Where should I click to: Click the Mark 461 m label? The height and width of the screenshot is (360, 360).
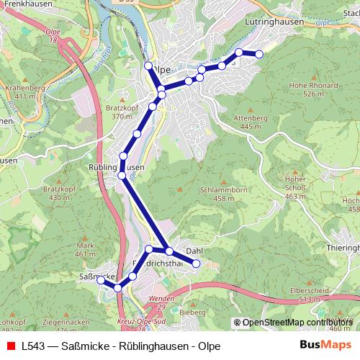point(85,249)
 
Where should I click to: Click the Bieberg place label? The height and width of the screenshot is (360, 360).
point(192,313)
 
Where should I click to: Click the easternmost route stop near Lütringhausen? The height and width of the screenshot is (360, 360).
point(259,54)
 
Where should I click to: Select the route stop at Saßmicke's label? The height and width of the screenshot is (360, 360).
point(101,281)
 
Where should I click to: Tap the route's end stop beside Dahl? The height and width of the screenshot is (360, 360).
point(195,264)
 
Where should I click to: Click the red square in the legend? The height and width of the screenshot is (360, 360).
point(9,346)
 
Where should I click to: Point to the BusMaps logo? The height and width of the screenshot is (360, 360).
point(322,346)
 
